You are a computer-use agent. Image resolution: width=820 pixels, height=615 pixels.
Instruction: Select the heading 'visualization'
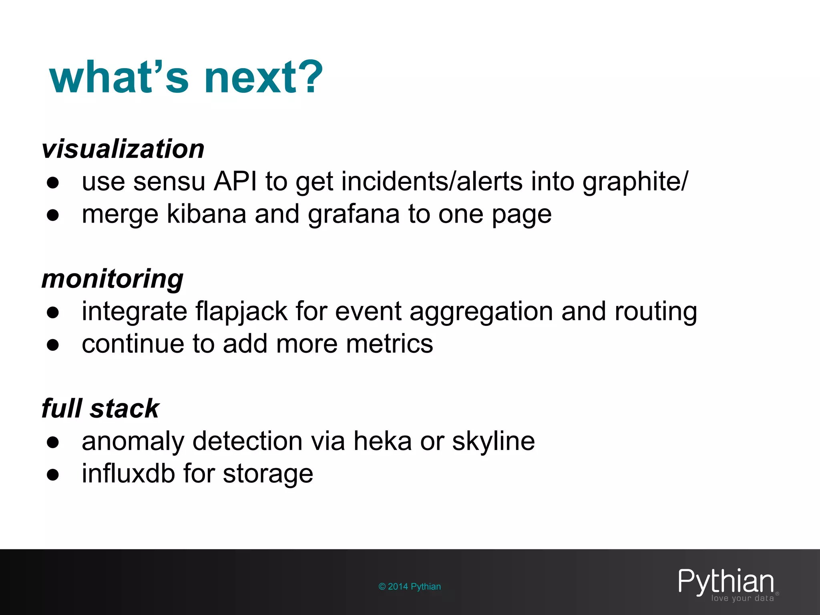(x=123, y=149)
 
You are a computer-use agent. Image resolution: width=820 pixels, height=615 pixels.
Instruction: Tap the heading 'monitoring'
(x=113, y=279)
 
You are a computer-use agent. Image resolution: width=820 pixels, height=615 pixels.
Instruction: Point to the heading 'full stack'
(x=100, y=408)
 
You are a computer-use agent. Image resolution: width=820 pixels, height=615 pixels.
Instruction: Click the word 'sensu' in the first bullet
(x=169, y=181)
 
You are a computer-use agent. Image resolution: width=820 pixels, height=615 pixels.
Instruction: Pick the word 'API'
(x=235, y=181)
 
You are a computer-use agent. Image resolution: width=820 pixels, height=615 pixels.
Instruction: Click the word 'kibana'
(x=206, y=214)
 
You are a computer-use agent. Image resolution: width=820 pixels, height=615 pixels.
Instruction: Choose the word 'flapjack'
(x=241, y=312)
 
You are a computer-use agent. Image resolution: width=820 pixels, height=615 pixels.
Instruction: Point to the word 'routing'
(x=656, y=312)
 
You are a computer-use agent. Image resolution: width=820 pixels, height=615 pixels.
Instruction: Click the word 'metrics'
(x=390, y=344)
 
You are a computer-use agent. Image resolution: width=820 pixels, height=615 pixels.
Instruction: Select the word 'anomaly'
(x=133, y=442)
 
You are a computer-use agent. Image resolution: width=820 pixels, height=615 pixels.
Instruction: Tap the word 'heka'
(x=382, y=441)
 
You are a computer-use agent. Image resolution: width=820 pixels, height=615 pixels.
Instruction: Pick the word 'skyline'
(x=493, y=442)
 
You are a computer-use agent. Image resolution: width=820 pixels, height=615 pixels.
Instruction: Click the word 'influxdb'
(x=129, y=474)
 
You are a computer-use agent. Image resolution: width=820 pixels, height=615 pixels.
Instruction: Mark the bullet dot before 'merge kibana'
(x=53, y=215)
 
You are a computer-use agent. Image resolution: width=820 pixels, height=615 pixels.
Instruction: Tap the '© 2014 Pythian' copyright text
(x=410, y=587)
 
